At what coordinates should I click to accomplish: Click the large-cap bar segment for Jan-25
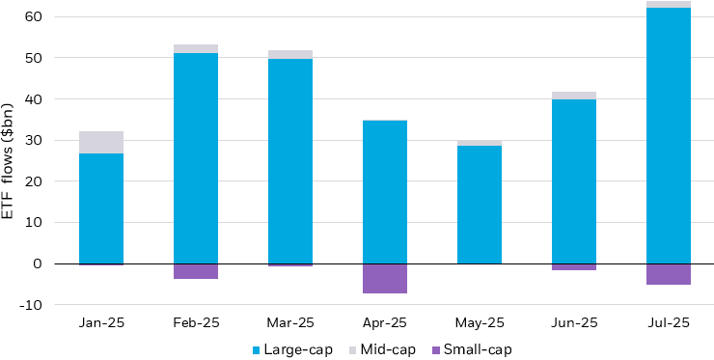pyautogui.click(x=100, y=208)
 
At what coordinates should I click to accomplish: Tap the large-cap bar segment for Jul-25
pyautogui.click(x=668, y=135)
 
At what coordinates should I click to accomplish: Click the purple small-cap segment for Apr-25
pyautogui.click(x=384, y=278)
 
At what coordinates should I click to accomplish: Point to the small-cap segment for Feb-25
pyautogui.click(x=195, y=271)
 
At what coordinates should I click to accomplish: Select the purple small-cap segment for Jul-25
pyautogui.click(x=668, y=274)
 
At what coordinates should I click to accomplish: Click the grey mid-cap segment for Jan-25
pyautogui.click(x=100, y=142)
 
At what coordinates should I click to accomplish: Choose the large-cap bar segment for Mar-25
pyautogui.click(x=289, y=161)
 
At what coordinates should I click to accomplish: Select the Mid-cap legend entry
pyautogui.click(x=383, y=349)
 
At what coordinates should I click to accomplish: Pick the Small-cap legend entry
pyautogui.click(x=470, y=349)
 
